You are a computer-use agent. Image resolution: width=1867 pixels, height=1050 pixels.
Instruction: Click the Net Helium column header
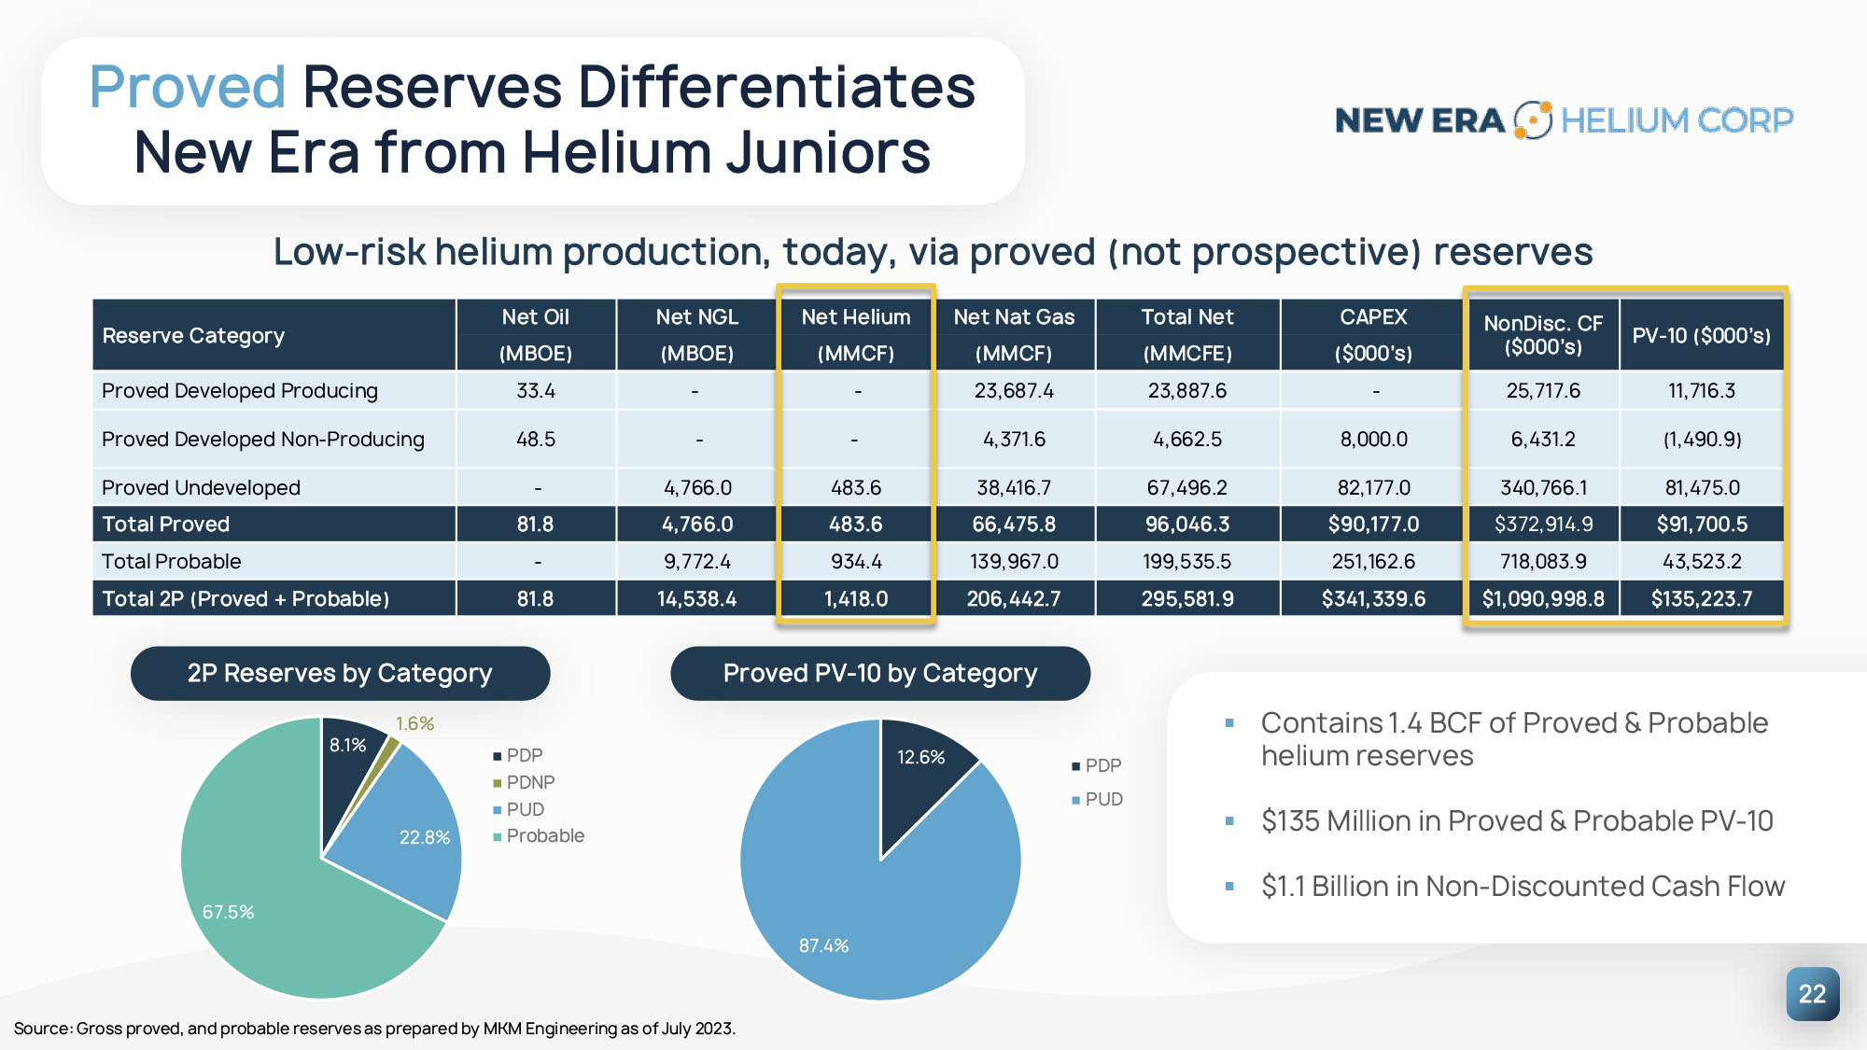(855, 334)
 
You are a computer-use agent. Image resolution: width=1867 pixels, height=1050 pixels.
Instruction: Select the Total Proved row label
(166, 525)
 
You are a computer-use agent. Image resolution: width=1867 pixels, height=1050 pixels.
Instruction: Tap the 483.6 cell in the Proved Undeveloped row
(855, 487)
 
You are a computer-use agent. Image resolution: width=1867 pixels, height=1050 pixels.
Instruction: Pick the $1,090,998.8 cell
(1543, 599)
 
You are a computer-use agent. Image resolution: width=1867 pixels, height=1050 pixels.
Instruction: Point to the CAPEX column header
(1372, 334)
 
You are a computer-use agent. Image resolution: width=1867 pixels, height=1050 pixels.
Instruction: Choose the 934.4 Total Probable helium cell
(855, 562)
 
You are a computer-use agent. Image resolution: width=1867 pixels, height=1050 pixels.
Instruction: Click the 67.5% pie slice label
(228, 912)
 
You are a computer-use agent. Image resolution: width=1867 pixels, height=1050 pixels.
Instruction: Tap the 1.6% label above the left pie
(414, 723)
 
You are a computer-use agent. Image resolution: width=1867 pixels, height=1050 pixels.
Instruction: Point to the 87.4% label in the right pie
(823, 945)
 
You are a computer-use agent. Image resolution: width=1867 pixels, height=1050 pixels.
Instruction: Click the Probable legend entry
(544, 836)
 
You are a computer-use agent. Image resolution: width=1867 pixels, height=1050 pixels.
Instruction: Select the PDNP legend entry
(529, 782)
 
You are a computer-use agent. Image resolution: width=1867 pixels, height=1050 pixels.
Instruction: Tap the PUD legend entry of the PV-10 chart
(1102, 800)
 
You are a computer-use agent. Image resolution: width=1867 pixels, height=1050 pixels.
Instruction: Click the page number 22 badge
(1812, 994)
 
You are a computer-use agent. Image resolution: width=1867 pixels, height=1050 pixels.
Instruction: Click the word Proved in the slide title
(187, 87)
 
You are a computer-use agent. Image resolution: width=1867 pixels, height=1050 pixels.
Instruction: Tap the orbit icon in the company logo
(1532, 120)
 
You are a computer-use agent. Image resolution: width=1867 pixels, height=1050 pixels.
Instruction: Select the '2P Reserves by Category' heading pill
(340, 673)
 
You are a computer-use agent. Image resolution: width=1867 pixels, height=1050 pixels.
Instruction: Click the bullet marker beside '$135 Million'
(1229, 821)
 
